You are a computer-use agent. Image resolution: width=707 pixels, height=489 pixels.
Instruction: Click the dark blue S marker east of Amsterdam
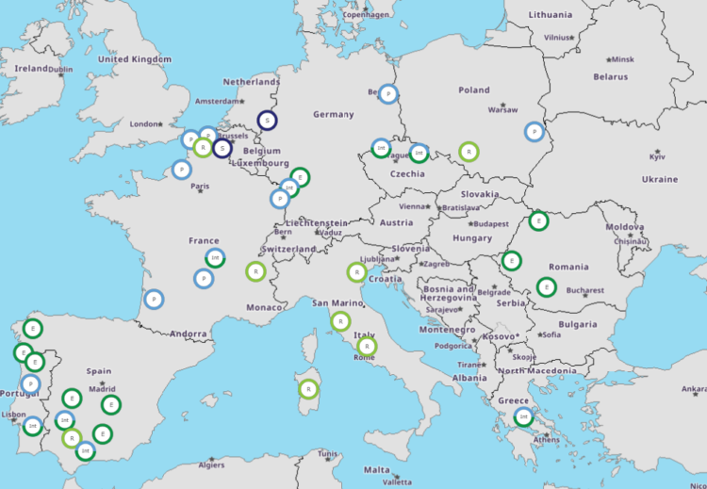pos(268,121)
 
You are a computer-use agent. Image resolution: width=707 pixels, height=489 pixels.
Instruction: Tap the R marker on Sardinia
pos(307,388)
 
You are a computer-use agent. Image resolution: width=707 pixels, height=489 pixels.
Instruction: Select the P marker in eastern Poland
pos(534,132)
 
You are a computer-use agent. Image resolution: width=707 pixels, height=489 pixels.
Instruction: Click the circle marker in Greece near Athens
pos(523,416)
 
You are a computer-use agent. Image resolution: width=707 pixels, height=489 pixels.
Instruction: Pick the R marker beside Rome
pos(367,346)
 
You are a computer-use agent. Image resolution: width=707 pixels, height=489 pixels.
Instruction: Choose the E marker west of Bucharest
pos(546,286)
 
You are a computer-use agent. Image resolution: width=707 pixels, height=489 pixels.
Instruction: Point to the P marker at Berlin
pos(388,93)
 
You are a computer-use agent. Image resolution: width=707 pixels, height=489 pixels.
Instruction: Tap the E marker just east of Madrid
pos(110,405)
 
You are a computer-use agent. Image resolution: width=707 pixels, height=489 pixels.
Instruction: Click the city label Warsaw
pos(502,109)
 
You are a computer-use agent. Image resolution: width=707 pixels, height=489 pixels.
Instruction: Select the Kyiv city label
pos(657,156)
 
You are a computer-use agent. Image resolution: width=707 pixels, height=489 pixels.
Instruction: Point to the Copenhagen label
pos(366,14)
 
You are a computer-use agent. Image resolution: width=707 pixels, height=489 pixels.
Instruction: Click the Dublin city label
pos(60,69)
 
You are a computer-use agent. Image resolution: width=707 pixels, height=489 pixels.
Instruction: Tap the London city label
pos(145,123)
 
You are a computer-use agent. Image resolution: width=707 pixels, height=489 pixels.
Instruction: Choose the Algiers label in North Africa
pos(211,465)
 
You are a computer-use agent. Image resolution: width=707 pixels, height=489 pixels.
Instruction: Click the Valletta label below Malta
pos(397,481)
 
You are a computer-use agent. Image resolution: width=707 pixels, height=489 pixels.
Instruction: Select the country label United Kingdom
pos(135,58)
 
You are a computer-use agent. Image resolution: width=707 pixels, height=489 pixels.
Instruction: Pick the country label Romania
pos(568,267)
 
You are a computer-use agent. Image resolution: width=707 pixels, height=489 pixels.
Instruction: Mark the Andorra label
pos(189,334)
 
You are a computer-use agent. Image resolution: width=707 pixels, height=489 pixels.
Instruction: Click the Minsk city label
pos(623,58)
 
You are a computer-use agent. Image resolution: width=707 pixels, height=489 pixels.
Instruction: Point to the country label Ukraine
pos(660,179)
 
